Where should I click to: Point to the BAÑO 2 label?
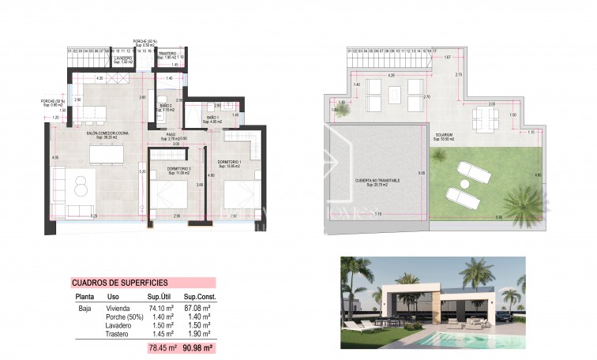point(165,107)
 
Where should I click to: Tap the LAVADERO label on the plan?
point(122,58)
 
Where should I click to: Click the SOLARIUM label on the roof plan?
point(444,134)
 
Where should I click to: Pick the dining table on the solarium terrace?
point(480,119)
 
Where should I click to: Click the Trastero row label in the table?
point(117,334)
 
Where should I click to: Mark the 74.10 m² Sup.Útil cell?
point(161,308)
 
